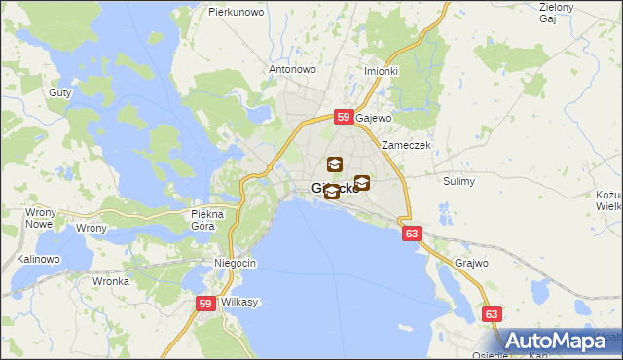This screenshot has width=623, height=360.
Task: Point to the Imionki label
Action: [381, 71]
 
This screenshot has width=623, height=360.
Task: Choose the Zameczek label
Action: [406, 145]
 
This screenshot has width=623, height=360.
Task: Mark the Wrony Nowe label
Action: [39, 218]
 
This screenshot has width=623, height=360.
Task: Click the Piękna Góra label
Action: [208, 219]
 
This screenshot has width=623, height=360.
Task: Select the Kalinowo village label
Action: [38, 260]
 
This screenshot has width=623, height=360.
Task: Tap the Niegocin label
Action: [235, 264]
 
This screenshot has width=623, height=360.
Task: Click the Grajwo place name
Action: [471, 263]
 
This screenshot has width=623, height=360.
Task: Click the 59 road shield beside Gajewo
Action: [344, 117]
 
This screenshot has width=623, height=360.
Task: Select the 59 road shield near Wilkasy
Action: [205, 304]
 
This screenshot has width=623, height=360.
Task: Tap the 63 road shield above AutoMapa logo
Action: [493, 314]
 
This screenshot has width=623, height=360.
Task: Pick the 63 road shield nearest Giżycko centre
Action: [411, 234]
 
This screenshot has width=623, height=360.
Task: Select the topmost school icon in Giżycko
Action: [335, 164]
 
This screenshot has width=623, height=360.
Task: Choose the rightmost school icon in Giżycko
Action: [362, 182]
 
